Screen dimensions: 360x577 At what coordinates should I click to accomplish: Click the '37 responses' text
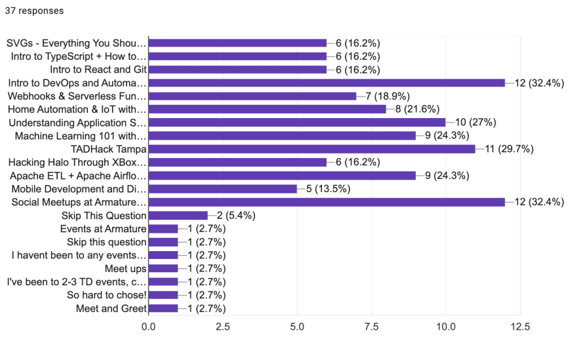(x=34, y=10)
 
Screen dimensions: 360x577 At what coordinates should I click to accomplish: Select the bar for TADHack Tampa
(x=312, y=149)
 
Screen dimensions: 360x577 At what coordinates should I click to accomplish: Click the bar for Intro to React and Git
(x=238, y=70)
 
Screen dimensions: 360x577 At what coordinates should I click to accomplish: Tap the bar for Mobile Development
(x=223, y=189)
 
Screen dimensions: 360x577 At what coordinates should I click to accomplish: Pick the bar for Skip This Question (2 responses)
(x=178, y=215)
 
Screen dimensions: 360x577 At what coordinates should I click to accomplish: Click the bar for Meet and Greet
(x=163, y=308)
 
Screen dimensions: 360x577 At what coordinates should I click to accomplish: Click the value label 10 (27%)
(x=474, y=123)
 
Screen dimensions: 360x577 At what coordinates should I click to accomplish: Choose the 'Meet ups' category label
(x=125, y=268)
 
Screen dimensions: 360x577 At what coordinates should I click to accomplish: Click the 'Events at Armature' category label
(x=103, y=229)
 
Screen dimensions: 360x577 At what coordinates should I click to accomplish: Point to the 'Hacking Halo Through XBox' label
(x=77, y=162)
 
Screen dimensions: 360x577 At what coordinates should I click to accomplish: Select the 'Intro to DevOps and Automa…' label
(x=77, y=83)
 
